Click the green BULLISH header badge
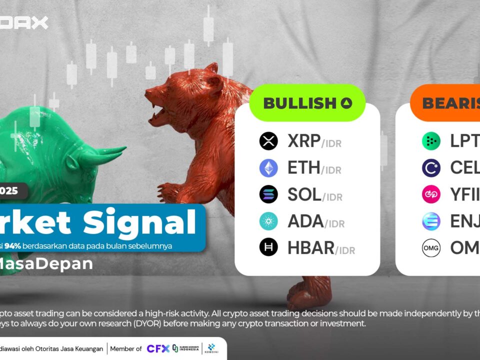pos(307,103)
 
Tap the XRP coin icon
pos(268,141)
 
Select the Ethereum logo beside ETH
pos(268,168)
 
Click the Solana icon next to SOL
pos(268,194)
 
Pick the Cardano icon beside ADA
pos(268,220)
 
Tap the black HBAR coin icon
pos(268,247)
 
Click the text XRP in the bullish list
pos(304,141)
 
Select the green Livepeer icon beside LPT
pos(431,141)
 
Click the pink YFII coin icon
pos(431,194)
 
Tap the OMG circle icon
pos(431,247)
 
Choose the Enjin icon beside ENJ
pos(431,220)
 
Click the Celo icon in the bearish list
pos(431,168)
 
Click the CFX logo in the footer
pos(158,348)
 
